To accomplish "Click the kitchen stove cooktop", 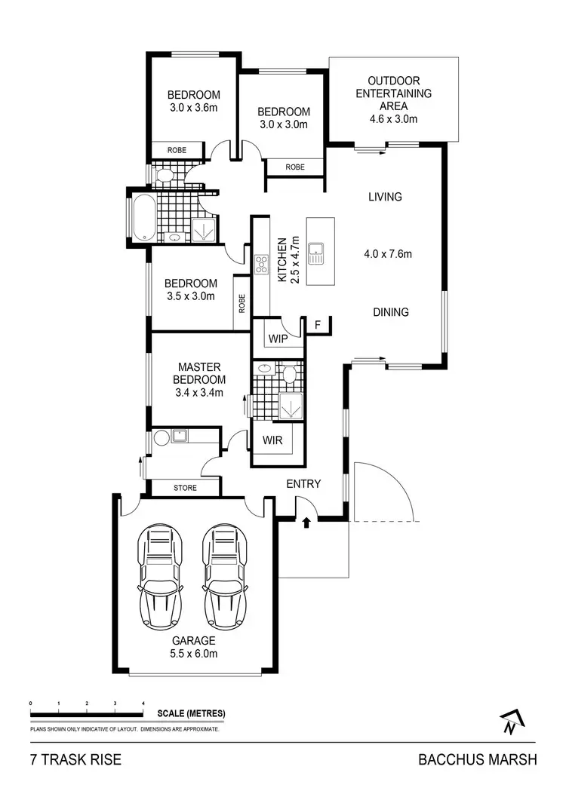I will click(263, 264).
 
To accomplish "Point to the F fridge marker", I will click(318, 325).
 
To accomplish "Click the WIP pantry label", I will click(278, 339).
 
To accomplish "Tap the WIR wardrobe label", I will click(272, 440).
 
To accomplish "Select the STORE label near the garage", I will click(185, 488).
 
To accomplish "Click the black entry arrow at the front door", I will click(306, 522).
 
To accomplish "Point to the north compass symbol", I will click(511, 723).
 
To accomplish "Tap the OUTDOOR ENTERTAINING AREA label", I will click(393, 100).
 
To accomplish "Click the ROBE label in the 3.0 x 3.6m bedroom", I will click(177, 150).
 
